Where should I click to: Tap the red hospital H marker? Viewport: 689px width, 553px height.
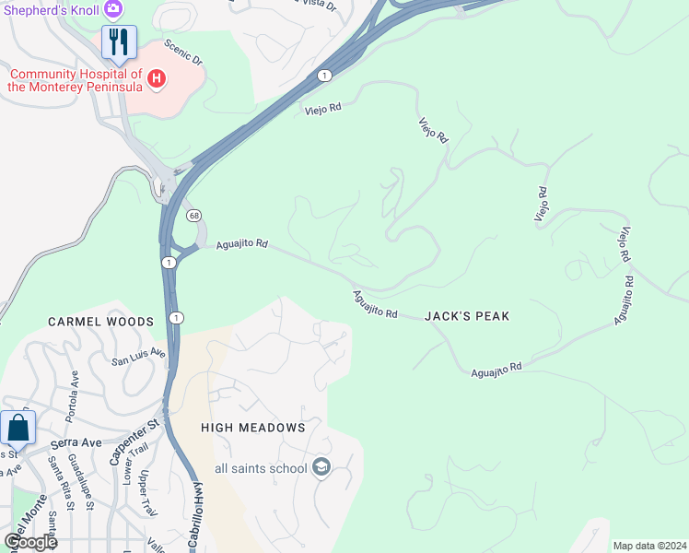[157, 79]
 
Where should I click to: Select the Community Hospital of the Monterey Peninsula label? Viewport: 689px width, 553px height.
[76, 80]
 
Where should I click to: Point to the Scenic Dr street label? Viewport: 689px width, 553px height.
[183, 52]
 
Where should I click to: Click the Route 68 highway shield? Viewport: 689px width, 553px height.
[193, 216]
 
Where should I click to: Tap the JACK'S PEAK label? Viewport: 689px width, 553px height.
[467, 316]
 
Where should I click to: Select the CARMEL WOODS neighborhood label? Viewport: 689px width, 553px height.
[101, 322]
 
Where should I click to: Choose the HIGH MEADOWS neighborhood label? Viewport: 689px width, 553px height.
[252, 428]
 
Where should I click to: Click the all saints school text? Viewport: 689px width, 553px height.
[261, 468]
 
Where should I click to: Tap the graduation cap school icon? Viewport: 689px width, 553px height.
[321, 467]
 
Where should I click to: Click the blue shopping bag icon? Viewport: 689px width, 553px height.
[18, 429]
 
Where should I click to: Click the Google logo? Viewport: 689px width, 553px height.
[30, 542]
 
